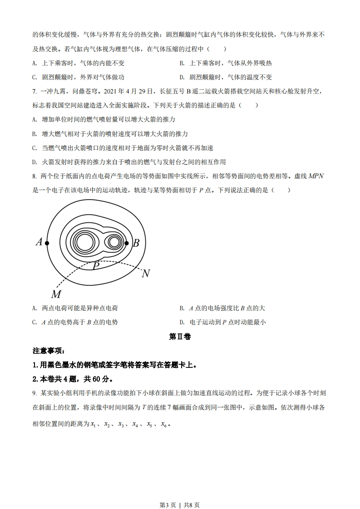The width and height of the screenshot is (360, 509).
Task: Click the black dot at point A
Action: (47, 243)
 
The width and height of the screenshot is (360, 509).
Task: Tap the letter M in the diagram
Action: (56, 294)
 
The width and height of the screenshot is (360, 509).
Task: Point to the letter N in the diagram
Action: (146, 274)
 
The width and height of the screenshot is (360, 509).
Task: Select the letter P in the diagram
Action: (96, 266)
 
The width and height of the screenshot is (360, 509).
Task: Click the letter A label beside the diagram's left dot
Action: (39, 242)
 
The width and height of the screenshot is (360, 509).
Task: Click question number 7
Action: (35, 91)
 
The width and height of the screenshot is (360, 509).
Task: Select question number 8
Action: (35, 176)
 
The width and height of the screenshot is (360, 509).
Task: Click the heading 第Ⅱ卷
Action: (180, 337)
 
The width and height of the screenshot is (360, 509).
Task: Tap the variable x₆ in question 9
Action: (164, 425)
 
